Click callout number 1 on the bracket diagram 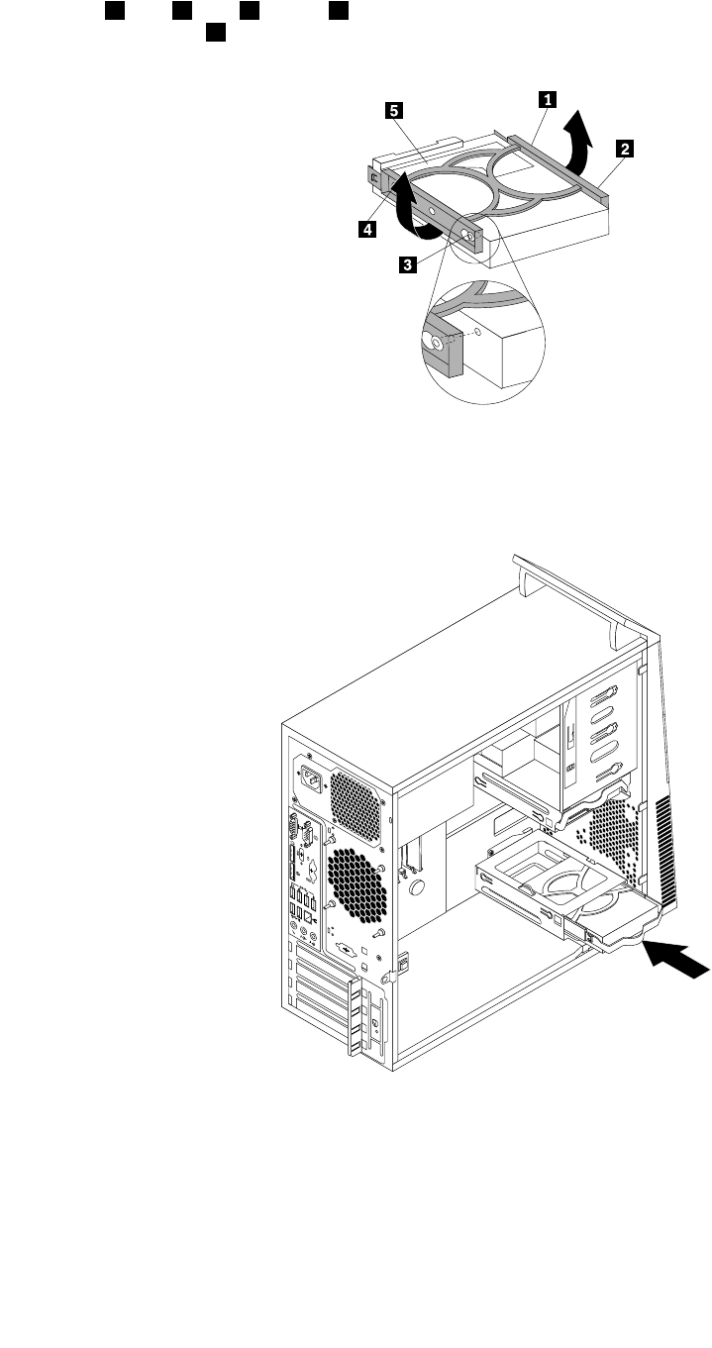pyautogui.click(x=546, y=98)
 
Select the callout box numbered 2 pyautogui.click(x=623, y=149)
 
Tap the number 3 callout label pyautogui.click(x=407, y=264)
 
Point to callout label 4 pyautogui.click(x=367, y=229)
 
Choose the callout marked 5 pyautogui.click(x=393, y=112)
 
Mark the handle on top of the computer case pyautogui.click(x=574, y=595)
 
